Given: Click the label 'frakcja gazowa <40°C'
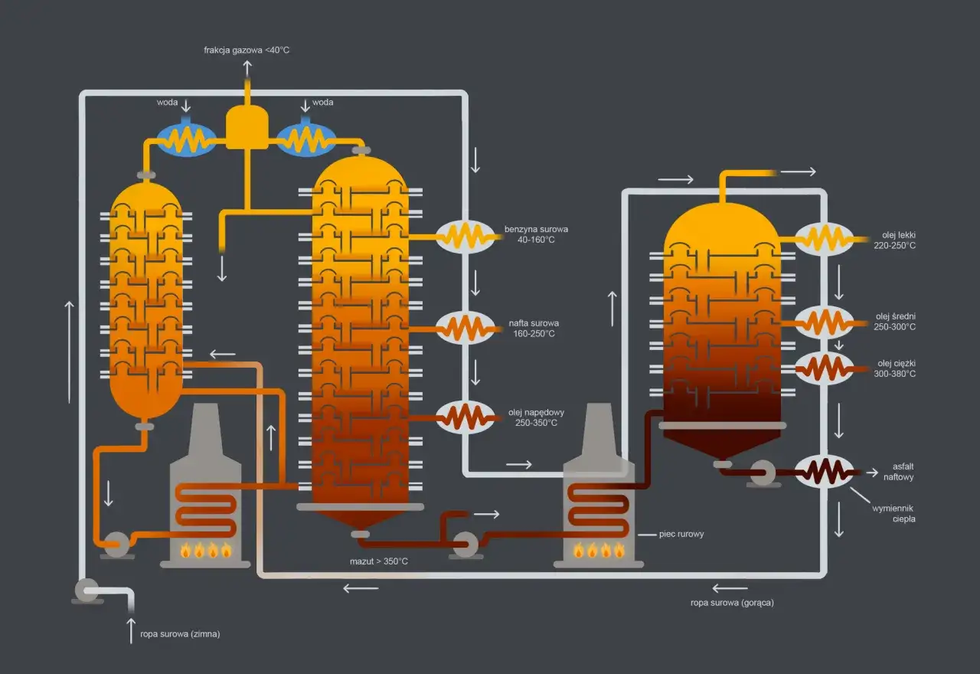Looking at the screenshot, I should click(x=247, y=51).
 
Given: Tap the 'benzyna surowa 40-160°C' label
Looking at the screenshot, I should click(x=536, y=234).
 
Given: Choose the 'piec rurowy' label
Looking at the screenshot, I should click(x=681, y=534).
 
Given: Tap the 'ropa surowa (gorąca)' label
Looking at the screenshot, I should click(x=732, y=603).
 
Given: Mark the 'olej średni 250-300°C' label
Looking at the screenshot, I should click(x=894, y=322).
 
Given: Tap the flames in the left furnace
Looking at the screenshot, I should click(x=205, y=549).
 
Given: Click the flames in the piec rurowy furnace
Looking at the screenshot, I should click(x=599, y=549).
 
